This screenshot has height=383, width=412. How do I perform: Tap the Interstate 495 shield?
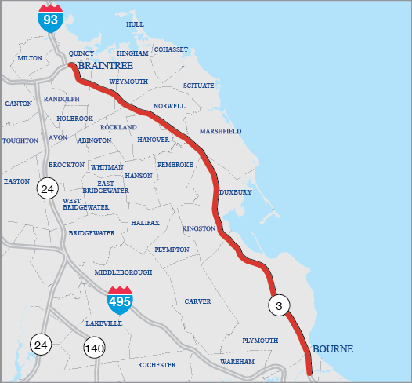[x=120, y=301]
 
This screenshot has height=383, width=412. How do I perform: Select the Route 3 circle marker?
[x=279, y=305]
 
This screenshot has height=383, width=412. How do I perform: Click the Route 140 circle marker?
[x=94, y=348]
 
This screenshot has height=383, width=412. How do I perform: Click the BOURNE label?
[x=333, y=348]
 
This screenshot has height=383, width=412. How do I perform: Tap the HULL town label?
[x=135, y=24]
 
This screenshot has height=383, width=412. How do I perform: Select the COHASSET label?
[x=171, y=49]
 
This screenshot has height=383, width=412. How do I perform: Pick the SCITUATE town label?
[x=198, y=86]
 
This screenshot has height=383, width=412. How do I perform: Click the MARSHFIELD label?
[x=220, y=131]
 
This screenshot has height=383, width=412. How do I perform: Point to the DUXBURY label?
[x=235, y=191]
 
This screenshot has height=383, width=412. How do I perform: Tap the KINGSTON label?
[x=198, y=228]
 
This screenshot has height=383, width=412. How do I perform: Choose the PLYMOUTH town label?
[x=260, y=341]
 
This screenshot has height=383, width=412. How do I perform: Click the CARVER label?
[x=197, y=301]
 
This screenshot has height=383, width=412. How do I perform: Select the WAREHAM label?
[x=237, y=362]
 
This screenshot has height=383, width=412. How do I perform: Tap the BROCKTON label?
[x=66, y=165]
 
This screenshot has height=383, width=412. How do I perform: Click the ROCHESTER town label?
[x=157, y=365]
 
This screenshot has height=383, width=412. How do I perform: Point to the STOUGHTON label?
[x=20, y=140]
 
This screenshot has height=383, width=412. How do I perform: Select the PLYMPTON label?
[x=172, y=250]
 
